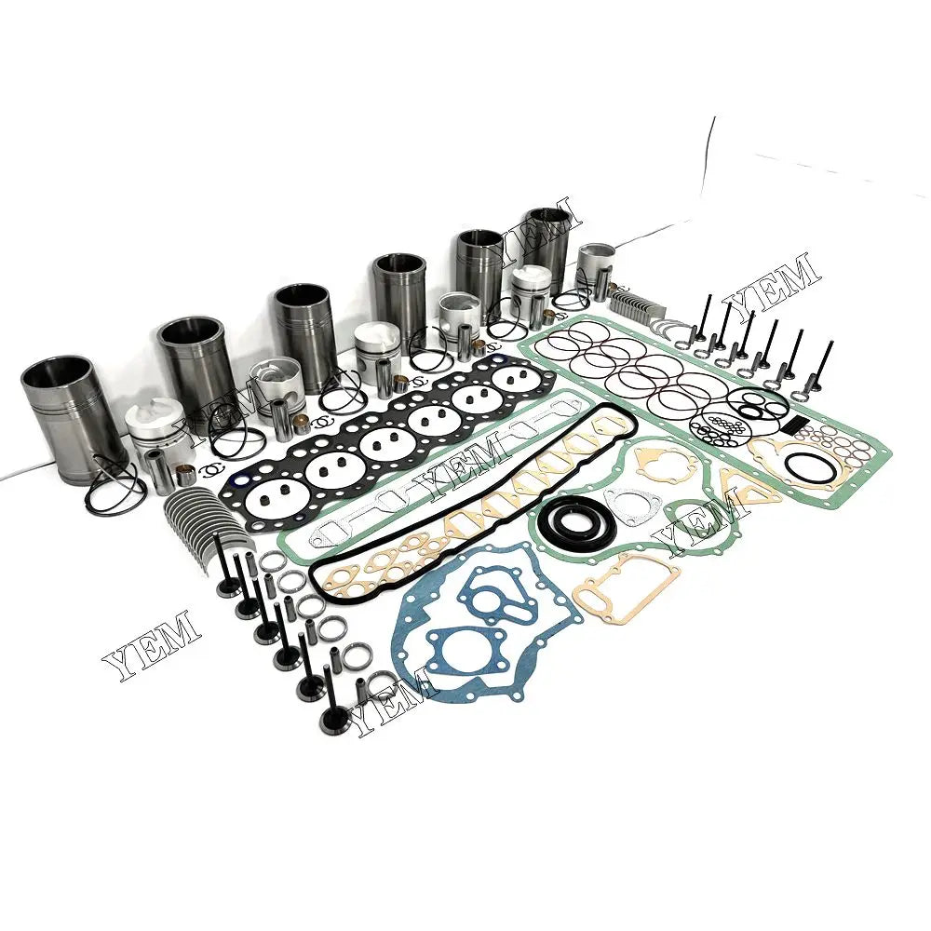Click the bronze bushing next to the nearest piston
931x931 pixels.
coord(186,475)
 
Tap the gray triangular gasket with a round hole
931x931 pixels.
coord(634,506)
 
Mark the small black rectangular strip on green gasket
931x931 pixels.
coord(793,425)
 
